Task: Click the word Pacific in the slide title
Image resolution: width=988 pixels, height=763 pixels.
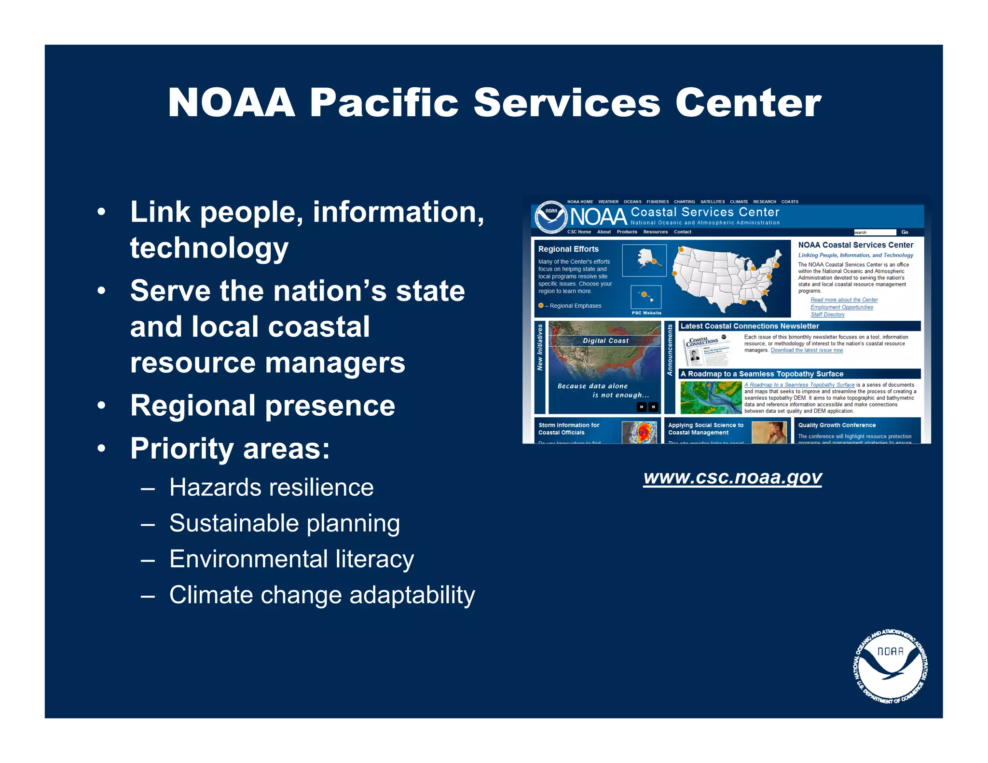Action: pos(384,103)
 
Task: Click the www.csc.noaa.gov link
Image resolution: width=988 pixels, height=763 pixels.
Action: pos(732,477)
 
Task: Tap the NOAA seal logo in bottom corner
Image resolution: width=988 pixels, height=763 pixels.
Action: pos(891,666)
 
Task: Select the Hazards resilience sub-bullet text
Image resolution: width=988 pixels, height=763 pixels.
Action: pos(271,487)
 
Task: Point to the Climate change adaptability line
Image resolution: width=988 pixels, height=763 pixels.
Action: pos(322,595)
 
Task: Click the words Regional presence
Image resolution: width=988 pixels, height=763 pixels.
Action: pos(262,406)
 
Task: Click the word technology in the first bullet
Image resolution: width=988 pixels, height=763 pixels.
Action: pos(209,248)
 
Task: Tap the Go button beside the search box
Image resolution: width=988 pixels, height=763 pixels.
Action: pos(905,232)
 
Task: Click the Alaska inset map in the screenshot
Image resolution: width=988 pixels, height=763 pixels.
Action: pos(644,260)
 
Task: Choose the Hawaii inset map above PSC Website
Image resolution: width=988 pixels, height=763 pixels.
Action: pos(645,297)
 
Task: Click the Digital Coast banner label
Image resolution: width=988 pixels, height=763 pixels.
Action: pos(605,341)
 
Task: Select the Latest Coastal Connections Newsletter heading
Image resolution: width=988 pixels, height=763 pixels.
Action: pos(749,326)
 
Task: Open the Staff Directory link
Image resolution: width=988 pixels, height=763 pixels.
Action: pos(827,314)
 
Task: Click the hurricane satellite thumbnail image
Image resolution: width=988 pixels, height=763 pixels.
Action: pos(640,432)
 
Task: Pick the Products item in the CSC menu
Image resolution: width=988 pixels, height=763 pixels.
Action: pos(627,232)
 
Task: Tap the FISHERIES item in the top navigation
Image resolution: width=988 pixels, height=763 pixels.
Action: pos(658,202)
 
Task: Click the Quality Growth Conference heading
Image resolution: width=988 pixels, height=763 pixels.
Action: pos(837,425)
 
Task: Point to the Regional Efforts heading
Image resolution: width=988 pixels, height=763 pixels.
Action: pos(568,249)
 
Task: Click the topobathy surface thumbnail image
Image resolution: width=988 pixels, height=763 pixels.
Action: pos(711,397)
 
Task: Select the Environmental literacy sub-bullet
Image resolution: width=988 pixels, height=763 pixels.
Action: pos(291,559)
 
